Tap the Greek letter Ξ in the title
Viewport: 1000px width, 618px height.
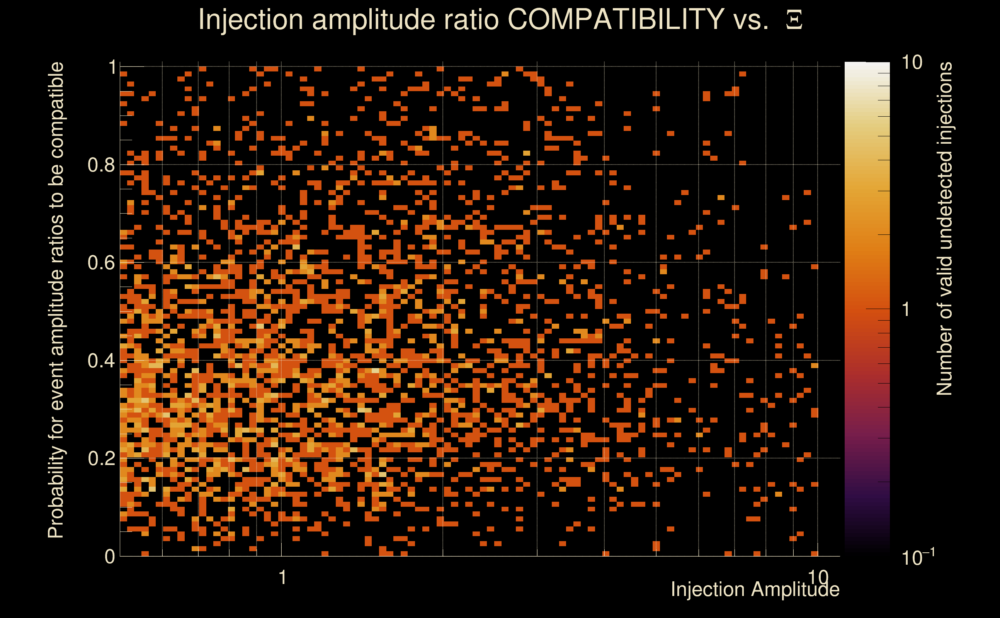pos(794,20)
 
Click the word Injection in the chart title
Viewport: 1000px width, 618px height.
pos(250,20)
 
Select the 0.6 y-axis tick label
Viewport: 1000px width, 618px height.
pos(101,262)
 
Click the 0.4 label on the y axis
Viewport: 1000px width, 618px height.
pos(101,360)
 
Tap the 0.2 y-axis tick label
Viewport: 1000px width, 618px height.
pos(101,458)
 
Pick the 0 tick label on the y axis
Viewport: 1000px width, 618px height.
pos(110,556)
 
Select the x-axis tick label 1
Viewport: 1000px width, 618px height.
pos(282,577)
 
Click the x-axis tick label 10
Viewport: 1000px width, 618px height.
pos(818,577)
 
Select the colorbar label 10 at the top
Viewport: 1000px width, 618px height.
pos(911,63)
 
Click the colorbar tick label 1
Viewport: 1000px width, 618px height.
pos(906,309)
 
